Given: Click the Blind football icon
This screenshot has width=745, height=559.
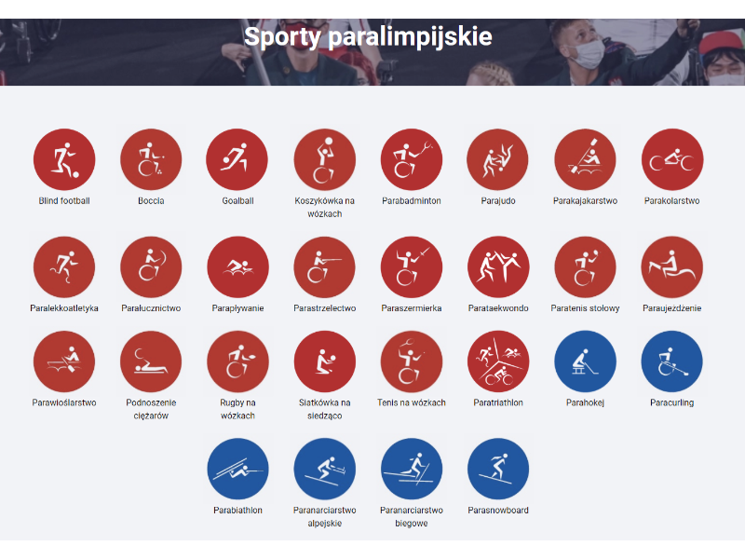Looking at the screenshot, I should pyautogui.click(x=64, y=159).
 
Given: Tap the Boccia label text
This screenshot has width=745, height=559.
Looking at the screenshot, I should pyautogui.click(x=151, y=200).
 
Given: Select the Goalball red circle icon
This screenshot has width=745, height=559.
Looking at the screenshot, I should pyautogui.click(x=237, y=159).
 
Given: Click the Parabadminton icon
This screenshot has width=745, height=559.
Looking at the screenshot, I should pyautogui.click(x=412, y=159).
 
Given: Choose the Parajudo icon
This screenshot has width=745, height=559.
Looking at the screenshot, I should pyautogui.click(x=498, y=159).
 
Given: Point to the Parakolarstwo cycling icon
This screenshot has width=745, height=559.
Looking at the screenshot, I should pyautogui.click(x=672, y=159).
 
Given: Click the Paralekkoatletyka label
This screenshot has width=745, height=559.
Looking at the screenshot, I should pyautogui.click(x=64, y=308).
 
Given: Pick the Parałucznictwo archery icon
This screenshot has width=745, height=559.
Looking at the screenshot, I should pyautogui.click(x=151, y=267).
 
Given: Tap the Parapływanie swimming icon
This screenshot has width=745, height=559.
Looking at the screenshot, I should pyautogui.click(x=237, y=267).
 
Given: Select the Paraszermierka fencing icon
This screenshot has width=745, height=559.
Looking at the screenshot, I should pyautogui.click(x=412, y=267).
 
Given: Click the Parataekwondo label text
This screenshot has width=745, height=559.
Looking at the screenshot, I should pyautogui.click(x=498, y=308).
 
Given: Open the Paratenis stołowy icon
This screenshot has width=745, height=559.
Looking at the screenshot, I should pyautogui.click(x=585, y=267).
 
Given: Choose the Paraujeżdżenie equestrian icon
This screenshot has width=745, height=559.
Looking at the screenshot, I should pyautogui.click(x=672, y=267).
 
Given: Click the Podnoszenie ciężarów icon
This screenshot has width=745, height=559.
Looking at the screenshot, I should pyautogui.click(x=151, y=361).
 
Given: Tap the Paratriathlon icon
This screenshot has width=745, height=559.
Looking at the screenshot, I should pyautogui.click(x=498, y=361).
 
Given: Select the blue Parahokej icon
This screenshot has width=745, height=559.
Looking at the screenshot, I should pyautogui.click(x=585, y=361).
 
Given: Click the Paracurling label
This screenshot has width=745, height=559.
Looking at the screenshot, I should pyautogui.click(x=672, y=402).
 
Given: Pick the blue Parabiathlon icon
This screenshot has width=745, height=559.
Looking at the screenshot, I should pyautogui.click(x=237, y=469).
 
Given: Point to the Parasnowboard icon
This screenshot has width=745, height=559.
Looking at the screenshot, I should pyautogui.click(x=498, y=469).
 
